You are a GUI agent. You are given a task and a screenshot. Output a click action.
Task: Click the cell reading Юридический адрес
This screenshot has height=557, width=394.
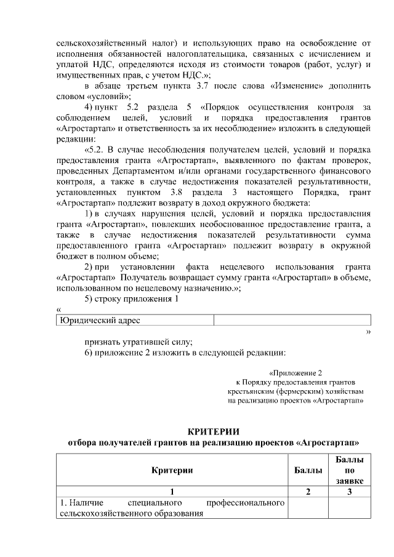(x=99, y=320)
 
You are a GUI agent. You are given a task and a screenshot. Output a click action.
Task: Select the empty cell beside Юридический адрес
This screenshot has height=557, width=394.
(x=292, y=320)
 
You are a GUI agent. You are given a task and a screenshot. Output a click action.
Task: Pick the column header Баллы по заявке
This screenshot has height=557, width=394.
(x=349, y=470)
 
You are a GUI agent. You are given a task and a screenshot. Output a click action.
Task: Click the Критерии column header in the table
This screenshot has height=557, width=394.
(x=172, y=470)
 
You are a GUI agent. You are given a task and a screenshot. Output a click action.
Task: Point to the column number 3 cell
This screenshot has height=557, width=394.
(x=349, y=492)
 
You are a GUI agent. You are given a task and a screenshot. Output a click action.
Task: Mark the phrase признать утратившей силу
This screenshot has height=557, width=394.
(x=139, y=342)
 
